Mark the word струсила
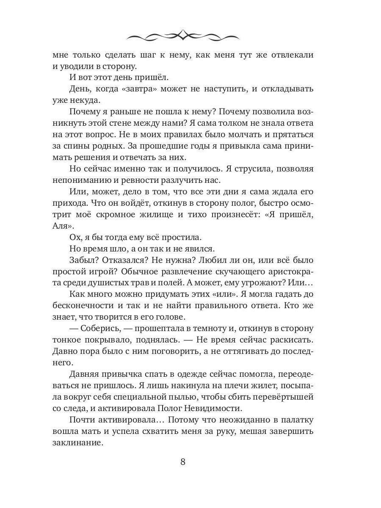point(237,168)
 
